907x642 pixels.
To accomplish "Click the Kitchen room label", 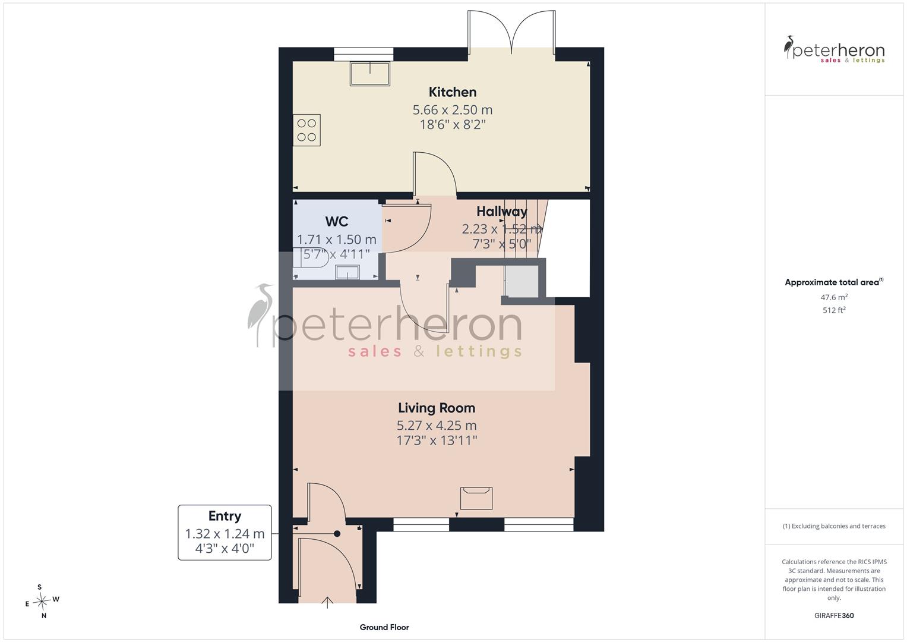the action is point(452,92).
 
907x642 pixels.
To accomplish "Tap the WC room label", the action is point(336,221).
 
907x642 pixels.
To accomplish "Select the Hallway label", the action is point(502,211).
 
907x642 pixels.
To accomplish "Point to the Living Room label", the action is point(437,408).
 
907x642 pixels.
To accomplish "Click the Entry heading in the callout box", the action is point(225,516).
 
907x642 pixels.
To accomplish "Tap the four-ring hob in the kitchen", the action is point(306,130).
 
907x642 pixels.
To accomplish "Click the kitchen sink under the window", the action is point(369,73).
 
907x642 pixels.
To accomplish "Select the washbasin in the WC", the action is point(347,272).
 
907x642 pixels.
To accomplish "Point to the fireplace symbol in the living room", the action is point(476,498).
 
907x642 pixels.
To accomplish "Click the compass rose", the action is point(42,601).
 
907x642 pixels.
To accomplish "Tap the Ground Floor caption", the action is point(384,627).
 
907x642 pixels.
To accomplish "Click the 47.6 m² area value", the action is point(834,297).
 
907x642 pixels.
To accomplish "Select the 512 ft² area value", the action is point(834,310).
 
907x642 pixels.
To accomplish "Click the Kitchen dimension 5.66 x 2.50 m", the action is point(452,110).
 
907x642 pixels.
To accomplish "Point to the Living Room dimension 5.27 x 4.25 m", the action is point(437,426).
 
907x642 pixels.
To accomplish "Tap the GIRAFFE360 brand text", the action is point(834,616).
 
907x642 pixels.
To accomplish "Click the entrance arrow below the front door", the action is point(327,602).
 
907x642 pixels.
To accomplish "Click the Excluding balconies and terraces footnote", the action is point(834,526).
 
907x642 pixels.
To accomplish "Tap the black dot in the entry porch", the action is point(337,534).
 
